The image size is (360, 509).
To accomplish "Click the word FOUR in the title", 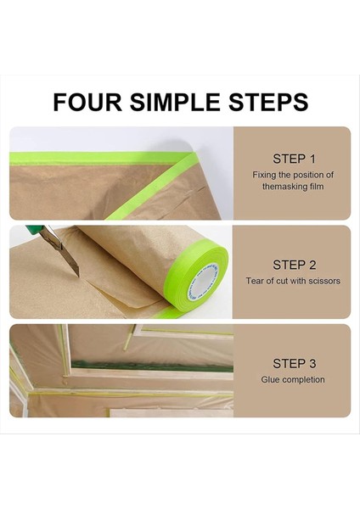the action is point(87,103).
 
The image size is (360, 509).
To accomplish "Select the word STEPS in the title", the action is point(268,103).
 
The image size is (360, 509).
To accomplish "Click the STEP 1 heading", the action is point(294,159).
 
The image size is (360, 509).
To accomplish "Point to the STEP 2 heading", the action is point(294,265).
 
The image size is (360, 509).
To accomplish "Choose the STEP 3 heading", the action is point(294,364).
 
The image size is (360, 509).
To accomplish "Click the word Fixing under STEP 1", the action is point(264,176).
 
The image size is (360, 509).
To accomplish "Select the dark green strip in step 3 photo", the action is point(152,366).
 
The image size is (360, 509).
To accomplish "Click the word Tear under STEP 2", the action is point(254,281).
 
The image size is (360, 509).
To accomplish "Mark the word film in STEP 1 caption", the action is point(317,187).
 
